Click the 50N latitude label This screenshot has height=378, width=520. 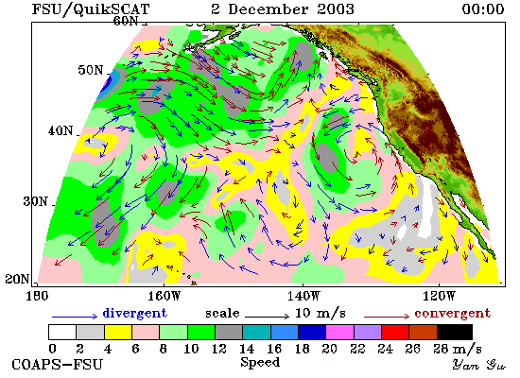pyautogui.click(x=91, y=70)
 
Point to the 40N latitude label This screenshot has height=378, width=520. pyautogui.click(x=61, y=130)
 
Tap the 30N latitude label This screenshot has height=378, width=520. pyautogui.click(x=36, y=201)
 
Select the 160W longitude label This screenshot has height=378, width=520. pyautogui.click(x=164, y=296)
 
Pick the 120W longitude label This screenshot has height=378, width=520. pyautogui.click(x=439, y=296)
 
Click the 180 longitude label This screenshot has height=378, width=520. pyautogui.click(x=37, y=296)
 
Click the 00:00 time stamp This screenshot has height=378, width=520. pyautogui.click(x=483, y=9)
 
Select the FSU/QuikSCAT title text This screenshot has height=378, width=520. pyautogui.click(x=91, y=9)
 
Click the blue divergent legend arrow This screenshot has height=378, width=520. pyautogui.click(x=75, y=317)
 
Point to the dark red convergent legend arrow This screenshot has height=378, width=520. pyautogui.click(x=387, y=317)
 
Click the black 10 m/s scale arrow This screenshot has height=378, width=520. pyautogui.click(x=268, y=317)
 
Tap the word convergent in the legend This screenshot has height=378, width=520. pyautogui.click(x=452, y=314)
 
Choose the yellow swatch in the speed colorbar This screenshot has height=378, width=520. pyautogui.click(x=118, y=333)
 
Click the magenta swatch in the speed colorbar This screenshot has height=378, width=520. pyautogui.click(x=340, y=333)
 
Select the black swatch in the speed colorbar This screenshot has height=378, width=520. pyautogui.click(x=455, y=333)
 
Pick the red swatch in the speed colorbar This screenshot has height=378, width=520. pyautogui.click(x=395, y=333)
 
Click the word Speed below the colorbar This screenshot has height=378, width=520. pyautogui.click(x=260, y=363)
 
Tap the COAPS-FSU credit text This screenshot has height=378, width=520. pyautogui.click(x=58, y=365)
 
